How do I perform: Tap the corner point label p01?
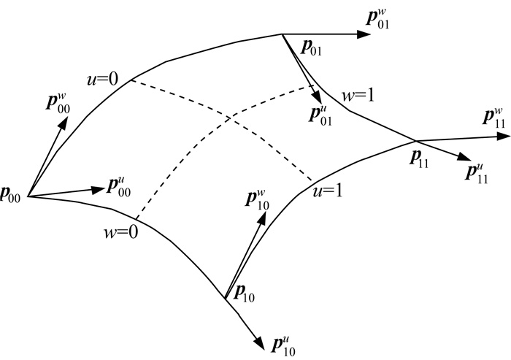pyautogui.click(x=311, y=49)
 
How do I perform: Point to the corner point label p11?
pyautogui.click(x=419, y=160)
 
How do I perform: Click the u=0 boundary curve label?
pyautogui.click(x=102, y=80)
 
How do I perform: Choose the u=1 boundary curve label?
pyautogui.click(x=328, y=191)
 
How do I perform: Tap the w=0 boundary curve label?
pyautogui.click(x=121, y=232)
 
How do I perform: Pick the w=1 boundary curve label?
pyautogui.click(x=358, y=95)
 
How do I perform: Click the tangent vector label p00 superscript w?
pyautogui.click(x=58, y=104)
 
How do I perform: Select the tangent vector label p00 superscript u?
pyautogui.click(x=119, y=188)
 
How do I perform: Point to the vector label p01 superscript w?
pyautogui.click(x=377, y=20)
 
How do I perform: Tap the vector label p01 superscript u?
pyautogui.click(x=320, y=116)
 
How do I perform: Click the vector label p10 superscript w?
pyautogui.click(x=257, y=200)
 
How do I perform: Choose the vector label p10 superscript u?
pyautogui.click(x=283, y=346)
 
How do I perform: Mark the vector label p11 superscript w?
pyautogui.click(x=493, y=119)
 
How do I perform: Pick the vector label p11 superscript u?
pyautogui.click(x=477, y=174)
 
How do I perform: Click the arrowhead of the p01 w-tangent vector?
pyautogui.click(x=364, y=34)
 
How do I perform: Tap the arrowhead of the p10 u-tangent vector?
pyautogui.click(x=259, y=343)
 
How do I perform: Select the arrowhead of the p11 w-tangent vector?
pyautogui.click(x=504, y=137)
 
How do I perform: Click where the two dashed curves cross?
pyautogui.click(x=231, y=118)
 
